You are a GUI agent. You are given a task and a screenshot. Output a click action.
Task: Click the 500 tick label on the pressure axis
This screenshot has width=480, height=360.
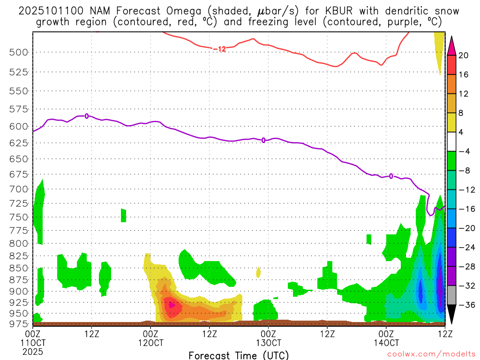click(x=18, y=52)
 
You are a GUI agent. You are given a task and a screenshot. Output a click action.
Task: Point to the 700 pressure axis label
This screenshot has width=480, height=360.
click(x=18, y=189)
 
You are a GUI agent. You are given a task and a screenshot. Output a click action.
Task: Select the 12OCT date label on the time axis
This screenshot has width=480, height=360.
click(x=150, y=343)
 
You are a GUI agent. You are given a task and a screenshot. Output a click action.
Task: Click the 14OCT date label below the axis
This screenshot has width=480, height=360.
click(x=386, y=343)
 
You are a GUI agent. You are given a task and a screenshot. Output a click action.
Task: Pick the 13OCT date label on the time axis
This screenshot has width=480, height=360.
click(x=268, y=343)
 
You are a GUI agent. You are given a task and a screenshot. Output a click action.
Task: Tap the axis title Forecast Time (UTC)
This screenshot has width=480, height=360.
click(x=239, y=355)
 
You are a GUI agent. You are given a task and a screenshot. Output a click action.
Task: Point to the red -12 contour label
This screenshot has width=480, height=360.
click(x=219, y=49)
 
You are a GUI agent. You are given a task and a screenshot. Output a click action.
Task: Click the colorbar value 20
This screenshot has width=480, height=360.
click(x=464, y=55)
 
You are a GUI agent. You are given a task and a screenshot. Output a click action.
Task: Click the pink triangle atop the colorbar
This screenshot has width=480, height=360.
click(x=452, y=46)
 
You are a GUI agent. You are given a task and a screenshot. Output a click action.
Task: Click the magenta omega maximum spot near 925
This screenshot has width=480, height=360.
click(x=172, y=305)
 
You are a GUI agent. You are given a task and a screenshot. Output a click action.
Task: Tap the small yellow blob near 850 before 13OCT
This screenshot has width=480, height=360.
click(x=258, y=272)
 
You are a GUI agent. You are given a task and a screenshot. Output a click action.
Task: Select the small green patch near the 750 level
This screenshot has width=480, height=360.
click(x=124, y=215)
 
